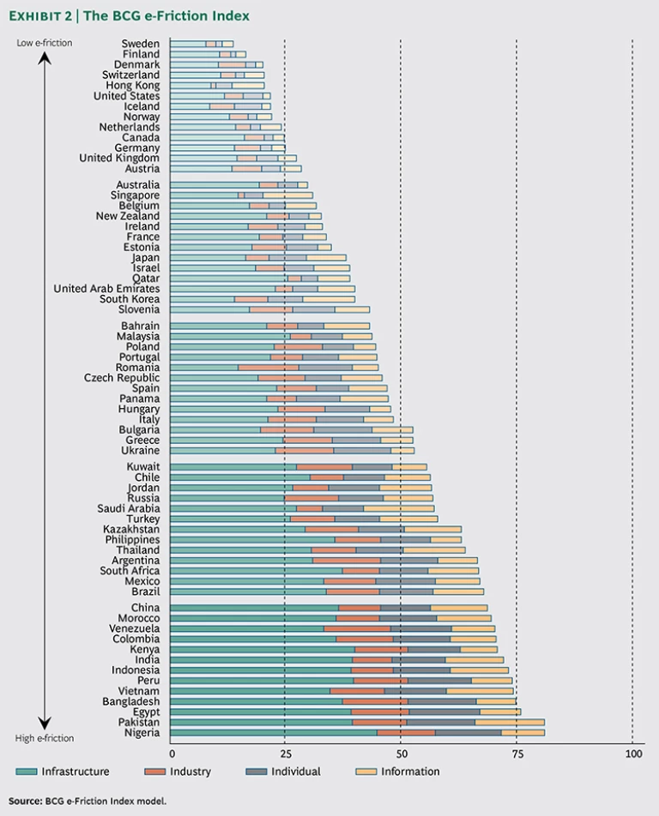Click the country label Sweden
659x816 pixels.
140,44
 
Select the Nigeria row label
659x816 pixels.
142,733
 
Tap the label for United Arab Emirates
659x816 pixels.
106,289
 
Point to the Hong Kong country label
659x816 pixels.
132,86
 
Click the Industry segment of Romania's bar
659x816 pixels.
269,368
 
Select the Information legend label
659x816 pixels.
409,771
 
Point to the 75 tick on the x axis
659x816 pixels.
516,753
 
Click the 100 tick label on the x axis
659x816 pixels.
632,753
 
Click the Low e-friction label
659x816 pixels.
45,43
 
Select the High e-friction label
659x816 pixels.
45,739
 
